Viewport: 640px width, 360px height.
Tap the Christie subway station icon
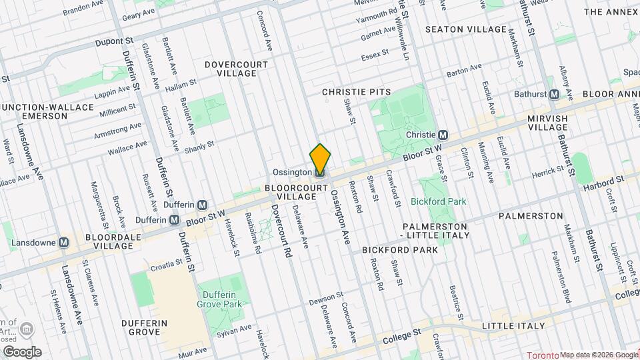(443, 135)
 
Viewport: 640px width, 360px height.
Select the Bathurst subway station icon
(554, 94)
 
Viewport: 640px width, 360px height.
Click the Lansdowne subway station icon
(65, 243)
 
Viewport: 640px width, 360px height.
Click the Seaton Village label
(466, 30)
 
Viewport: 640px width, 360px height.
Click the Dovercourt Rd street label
(280, 230)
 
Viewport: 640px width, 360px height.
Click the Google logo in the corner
(22, 352)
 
